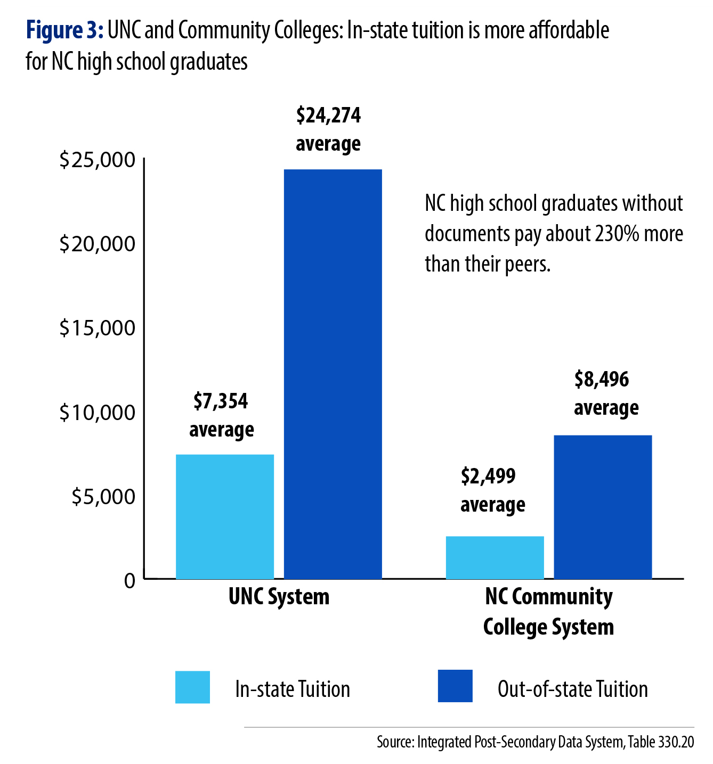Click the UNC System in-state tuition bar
[224, 516]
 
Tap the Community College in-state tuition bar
[495, 557]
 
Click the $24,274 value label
[328, 116]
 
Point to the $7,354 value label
[221, 401]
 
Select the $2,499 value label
[488, 476]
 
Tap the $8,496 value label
[602, 380]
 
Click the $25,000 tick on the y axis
[98, 160]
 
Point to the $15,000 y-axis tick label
[98, 328]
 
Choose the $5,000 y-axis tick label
[104, 496]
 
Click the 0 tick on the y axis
[129, 580]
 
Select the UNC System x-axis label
[279, 597]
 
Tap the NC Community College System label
[548, 612]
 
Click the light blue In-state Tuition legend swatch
[192, 687]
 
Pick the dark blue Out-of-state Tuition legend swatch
[455, 686]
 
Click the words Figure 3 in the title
[64, 30]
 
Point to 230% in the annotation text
[618, 234]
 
